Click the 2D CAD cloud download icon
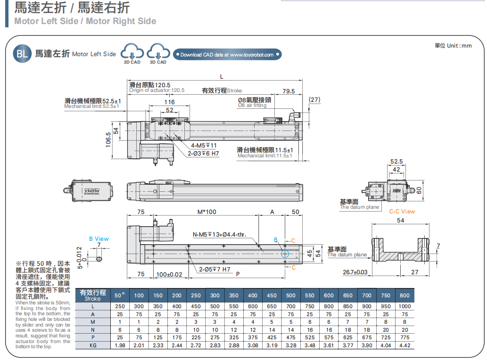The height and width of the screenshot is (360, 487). pyautogui.click(x=132, y=52)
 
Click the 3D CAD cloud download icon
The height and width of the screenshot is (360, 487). pyautogui.click(x=158, y=52)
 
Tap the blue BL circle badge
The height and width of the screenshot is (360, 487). pyautogui.click(x=22, y=53)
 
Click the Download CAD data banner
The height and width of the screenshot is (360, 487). pyautogui.click(x=227, y=55)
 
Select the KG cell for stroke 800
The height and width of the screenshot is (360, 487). pyautogui.click(x=404, y=345)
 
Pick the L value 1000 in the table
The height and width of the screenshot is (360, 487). pyautogui.click(x=404, y=306)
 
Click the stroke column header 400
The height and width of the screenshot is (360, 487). pyautogui.click(x=253, y=295)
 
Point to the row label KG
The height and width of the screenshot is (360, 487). pyautogui.click(x=93, y=345)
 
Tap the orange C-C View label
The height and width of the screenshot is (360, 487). pyautogui.click(x=402, y=212)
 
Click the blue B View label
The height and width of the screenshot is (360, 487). pyautogui.click(x=99, y=239)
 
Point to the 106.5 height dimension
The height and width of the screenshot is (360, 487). pyautogui.click(x=109, y=139)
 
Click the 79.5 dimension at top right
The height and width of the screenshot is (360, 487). pyautogui.click(x=289, y=91)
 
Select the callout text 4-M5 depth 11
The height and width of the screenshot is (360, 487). pyautogui.click(x=204, y=145)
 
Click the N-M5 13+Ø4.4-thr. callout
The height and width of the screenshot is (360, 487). pyautogui.click(x=219, y=235)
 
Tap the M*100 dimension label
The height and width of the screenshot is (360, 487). pyautogui.click(x=206, y=212)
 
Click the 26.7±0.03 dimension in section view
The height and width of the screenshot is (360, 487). pyautogui.click(x=355, y=272)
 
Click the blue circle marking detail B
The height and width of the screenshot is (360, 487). pyautogui.click(x=285, y=254)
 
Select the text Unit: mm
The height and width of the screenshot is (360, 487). pyautogui.click(x=453, y=46)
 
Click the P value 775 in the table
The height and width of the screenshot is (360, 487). pyautogui.click(x=404, y=337)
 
